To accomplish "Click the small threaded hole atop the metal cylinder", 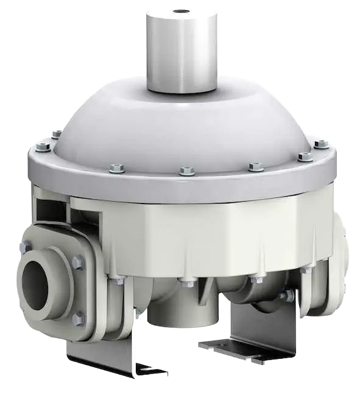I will (x=181, y=11).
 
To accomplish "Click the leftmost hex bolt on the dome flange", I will (x=41, y=146).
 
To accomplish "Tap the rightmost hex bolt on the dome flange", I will (x=320, y=144).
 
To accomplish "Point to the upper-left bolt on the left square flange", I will (x=26, y=246).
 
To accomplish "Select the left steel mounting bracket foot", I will (x=110, y=362).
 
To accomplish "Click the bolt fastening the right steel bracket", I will (x=284, y=296).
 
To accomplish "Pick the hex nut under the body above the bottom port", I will (x=183, y=281).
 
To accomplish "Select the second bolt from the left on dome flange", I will (x=56, y=134).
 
